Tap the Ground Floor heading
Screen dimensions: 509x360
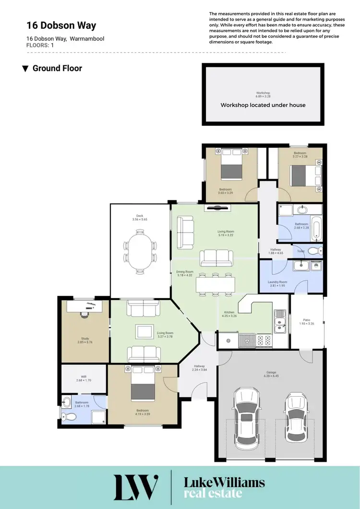tap(57, 68)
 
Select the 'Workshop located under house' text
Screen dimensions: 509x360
tap(263, 105)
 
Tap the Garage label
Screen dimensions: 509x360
tap(272, 373)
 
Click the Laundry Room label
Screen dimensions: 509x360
tap(277, 282)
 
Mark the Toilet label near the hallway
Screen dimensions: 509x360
tap(301, 251)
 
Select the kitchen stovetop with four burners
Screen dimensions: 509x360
tap(263, 340)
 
